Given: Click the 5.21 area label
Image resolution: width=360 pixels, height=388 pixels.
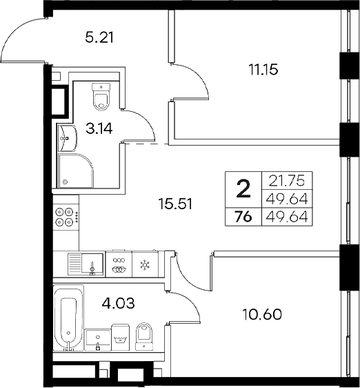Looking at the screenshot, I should [x=99, y=37].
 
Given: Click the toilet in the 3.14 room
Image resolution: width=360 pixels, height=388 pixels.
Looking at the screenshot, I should [x=101, y=97].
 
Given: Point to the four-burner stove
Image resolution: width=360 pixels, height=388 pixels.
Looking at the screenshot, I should [x=67, y=217].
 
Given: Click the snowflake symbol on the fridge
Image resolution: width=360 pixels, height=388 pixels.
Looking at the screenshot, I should [x=145, y=264].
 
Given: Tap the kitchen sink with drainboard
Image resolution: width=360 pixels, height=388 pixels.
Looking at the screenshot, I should [x=85, y=264].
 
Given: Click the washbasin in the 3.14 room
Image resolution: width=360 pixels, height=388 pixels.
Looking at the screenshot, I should [x=68, y=137].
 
